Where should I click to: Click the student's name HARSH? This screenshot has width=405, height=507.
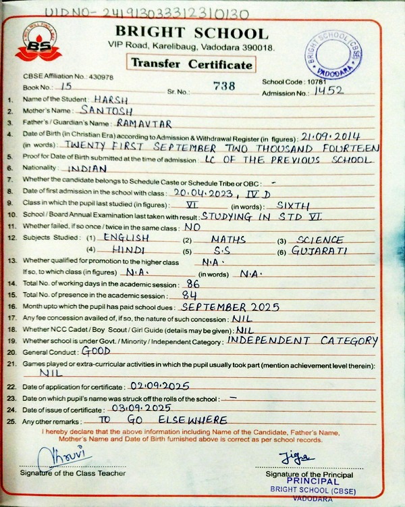pyautogui.click(x=111, y=99)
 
